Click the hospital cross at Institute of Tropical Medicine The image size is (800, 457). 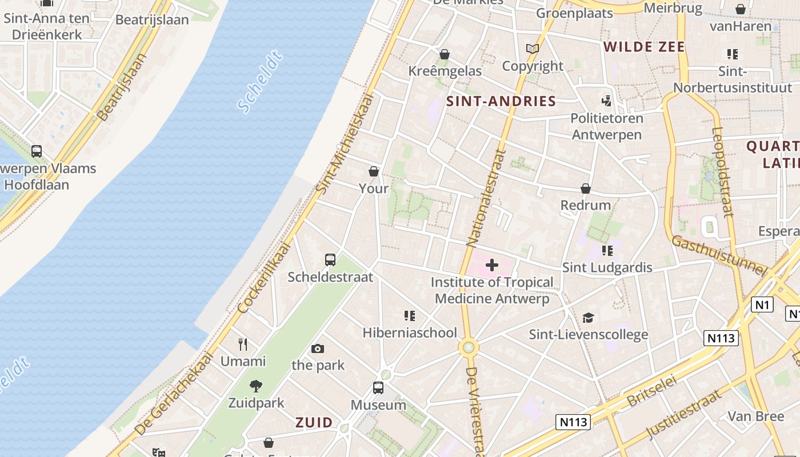click(x=491, y=264)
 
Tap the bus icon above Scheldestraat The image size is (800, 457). click(x=330, y=260)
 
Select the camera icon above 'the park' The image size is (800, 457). click(x=318, y=348)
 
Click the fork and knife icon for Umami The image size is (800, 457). click(x=243, y=344)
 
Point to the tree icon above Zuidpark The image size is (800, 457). click(x=256, y=386)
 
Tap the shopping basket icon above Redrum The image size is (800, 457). click(x=586, y=189)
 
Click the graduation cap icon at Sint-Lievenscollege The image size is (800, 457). click(x=588, y=318)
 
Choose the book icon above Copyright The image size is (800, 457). click(x=533, y=49)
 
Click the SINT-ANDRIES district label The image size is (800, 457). click(x=501, y=102)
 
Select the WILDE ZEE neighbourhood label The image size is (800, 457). click(x=644, y=47)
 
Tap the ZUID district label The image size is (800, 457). click(x=314, y=423)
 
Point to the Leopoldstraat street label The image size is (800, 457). click(x=722, y=171)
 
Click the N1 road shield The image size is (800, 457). click(x=763, y=304)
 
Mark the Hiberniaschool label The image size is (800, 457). click(x=410, y=332)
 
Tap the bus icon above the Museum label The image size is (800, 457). click(x=378, y=388)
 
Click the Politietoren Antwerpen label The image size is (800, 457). click(x=607, y=126)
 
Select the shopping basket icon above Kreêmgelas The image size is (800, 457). click(x=445, y=54)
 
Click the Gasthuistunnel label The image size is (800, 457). click(x=718, y=255)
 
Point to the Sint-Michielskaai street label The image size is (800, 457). click(x=344, y=143)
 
